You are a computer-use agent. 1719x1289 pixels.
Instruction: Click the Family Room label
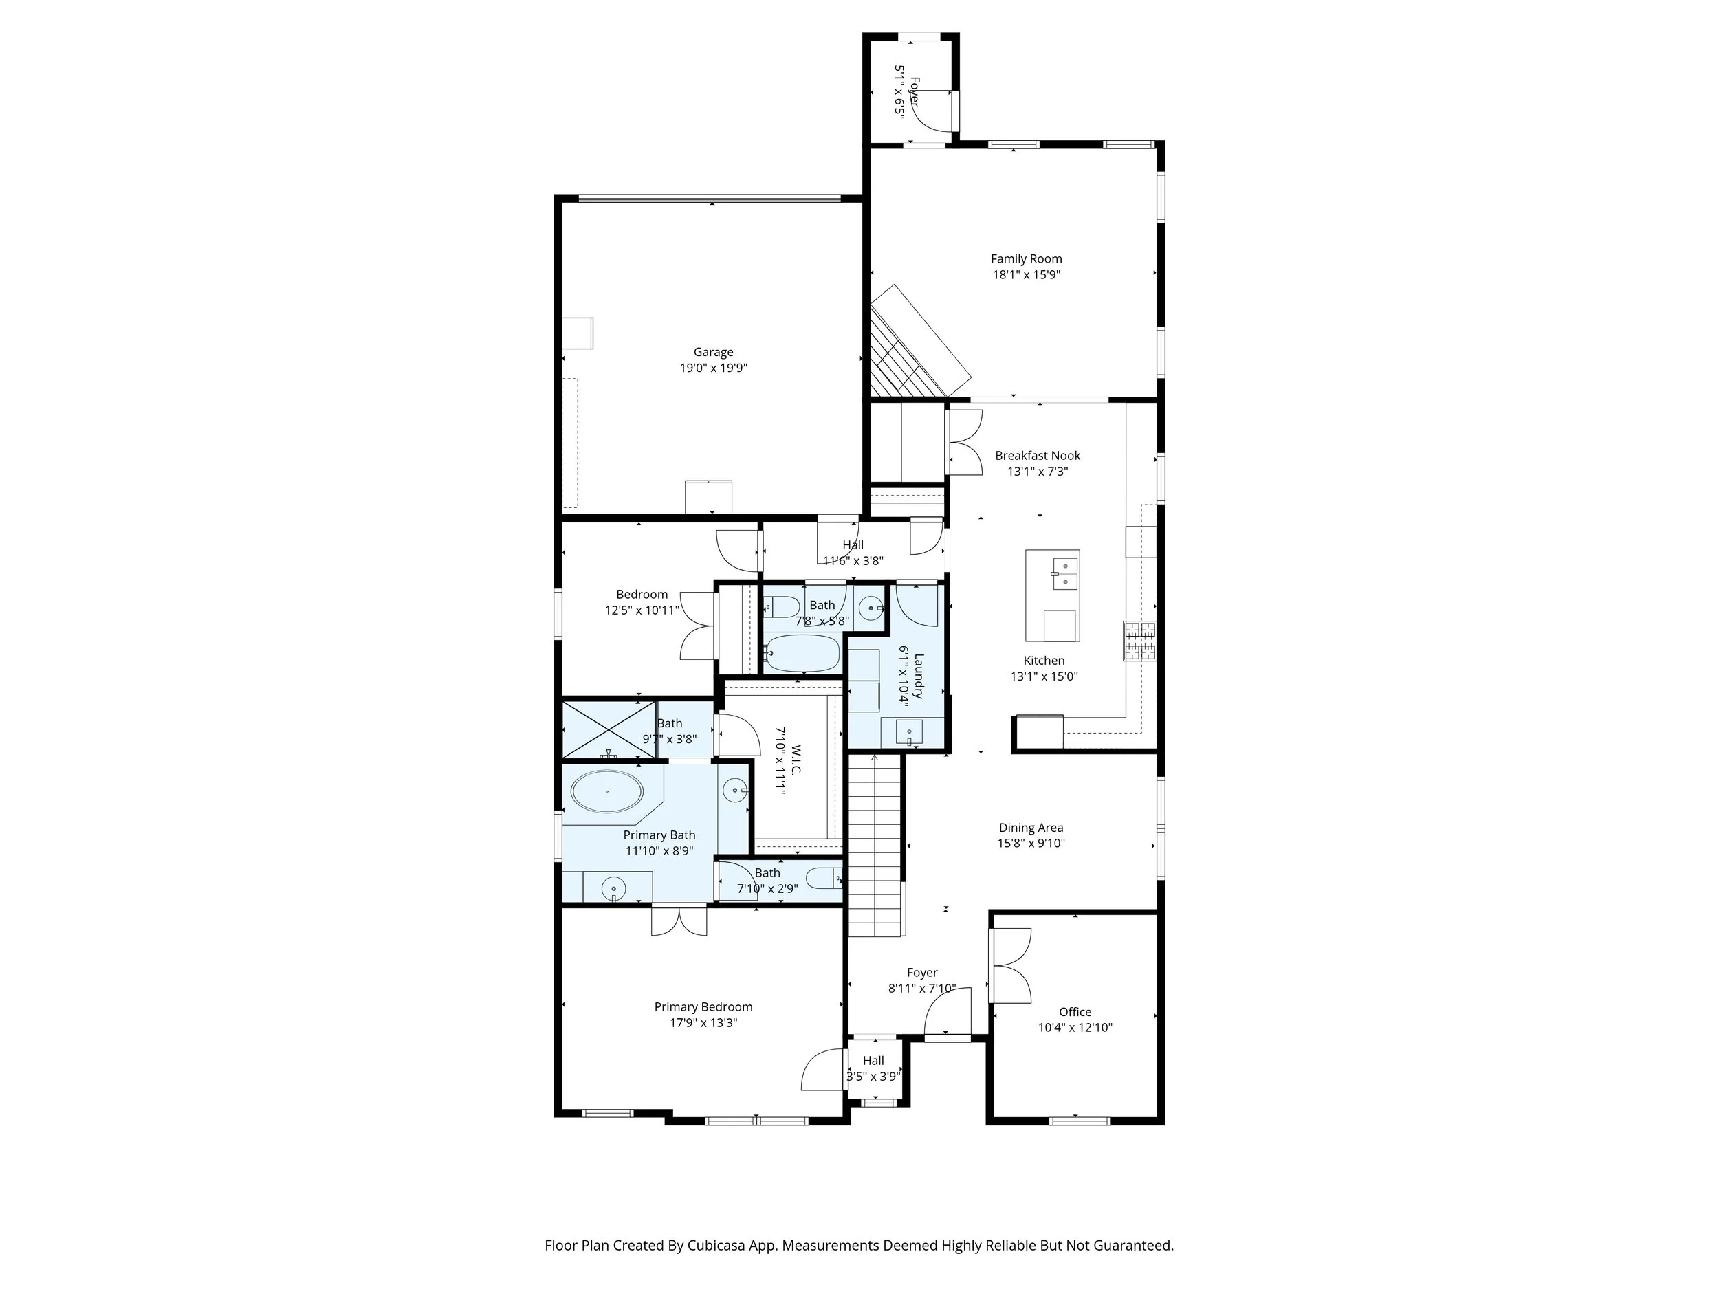[x=1026, y=258]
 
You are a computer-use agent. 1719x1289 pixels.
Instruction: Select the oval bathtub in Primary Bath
[x=607, y=792]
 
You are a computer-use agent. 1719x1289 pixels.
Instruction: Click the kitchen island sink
[x=1064, y=573]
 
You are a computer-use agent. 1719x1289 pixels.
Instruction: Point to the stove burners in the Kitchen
[x=1139, y=640]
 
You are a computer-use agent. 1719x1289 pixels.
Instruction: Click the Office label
[x=1075, y=1012]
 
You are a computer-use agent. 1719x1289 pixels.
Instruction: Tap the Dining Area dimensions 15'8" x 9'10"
[x=1031, y=843]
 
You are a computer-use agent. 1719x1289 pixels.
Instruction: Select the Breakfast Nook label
[x=1038, y=455]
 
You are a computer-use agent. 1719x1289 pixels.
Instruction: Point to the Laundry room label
[x=918, y=675]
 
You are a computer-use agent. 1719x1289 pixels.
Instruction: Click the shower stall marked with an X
[x=609, y=729]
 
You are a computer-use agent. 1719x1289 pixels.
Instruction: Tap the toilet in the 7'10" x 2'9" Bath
[x=824, y=879]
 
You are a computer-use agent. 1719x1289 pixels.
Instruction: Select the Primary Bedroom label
[x=703, y=1006]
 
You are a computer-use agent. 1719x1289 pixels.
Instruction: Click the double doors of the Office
[x=1010, y=966]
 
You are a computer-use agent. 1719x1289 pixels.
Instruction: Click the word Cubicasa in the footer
[x=716, y=1246]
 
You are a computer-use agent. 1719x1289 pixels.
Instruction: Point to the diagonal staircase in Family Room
[x=917, y=342]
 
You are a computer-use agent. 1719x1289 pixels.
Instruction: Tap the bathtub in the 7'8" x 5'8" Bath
[x=802, y=653]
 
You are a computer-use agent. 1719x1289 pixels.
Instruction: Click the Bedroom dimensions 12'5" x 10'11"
[x=642, y=610]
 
